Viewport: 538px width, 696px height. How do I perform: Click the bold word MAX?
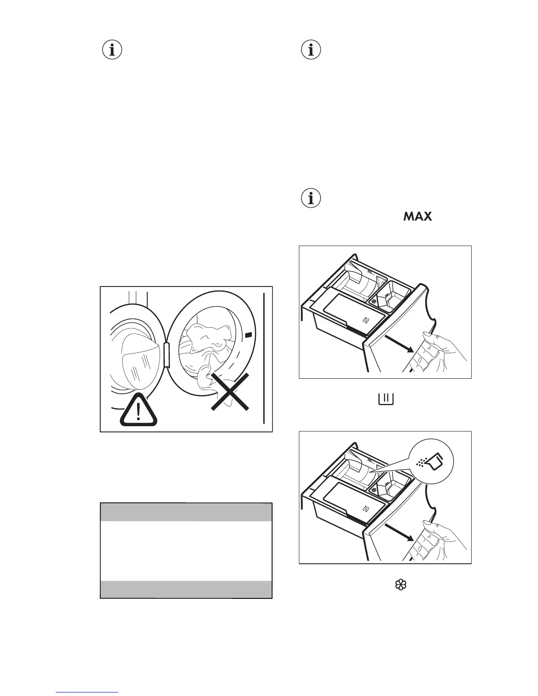point(417,217)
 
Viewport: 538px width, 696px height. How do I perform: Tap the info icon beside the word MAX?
point(311,199)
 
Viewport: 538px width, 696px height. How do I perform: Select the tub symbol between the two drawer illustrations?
point(385,399)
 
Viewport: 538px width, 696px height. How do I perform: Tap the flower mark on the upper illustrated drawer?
point(374,302)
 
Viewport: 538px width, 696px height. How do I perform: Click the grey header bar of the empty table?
point(186,512)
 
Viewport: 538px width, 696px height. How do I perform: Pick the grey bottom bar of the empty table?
point(186,589)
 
